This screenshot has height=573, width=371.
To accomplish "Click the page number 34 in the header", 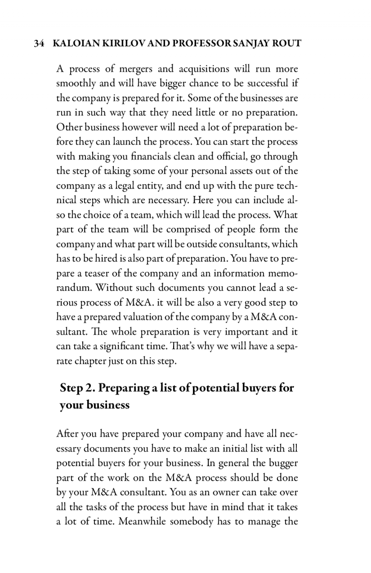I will point(38,44).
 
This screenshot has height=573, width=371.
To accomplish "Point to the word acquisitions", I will point(204,69).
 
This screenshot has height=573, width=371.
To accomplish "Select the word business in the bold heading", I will point(108,405).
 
